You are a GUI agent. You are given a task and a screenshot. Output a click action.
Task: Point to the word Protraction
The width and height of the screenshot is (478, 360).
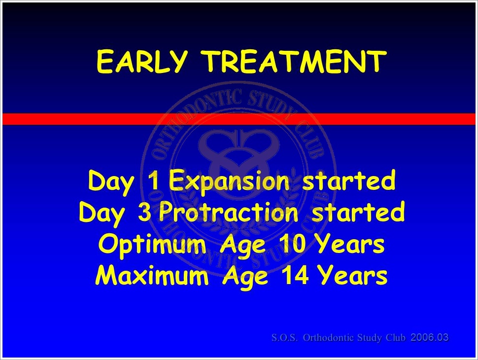pyautogui.click(x=229, y=213)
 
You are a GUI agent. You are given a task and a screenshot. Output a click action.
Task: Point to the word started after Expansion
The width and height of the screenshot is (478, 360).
pyautogui.click(x=349, y=180)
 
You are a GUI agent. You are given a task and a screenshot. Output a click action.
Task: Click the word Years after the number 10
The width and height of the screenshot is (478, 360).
pyautogui.click(x=349, y=244)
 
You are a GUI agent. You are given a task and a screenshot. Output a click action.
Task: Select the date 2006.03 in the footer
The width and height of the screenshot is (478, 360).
pyautogui.click(x=430, y=337)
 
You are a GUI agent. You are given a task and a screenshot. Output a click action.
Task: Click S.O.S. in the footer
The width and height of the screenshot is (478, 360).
pyautogui.click(x=284, y=337)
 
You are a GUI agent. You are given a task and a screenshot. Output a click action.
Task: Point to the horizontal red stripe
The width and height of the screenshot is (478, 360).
pyautogui.click(x=239, y=119)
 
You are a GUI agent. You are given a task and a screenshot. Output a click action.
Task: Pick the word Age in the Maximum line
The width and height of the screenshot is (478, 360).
pyautogui.click(x=246, y=277)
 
